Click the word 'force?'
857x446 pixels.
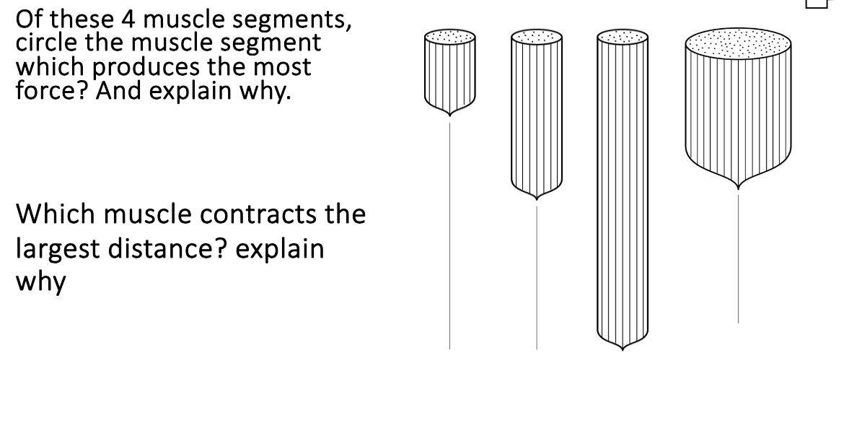pos(50,91)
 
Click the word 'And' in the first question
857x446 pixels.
pos(117,91)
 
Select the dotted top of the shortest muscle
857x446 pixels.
pos(450,35)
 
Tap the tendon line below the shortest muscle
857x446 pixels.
pos(450,231)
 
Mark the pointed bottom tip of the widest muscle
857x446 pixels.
pos(738,187)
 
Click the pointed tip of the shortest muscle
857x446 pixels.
pos(450,115)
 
